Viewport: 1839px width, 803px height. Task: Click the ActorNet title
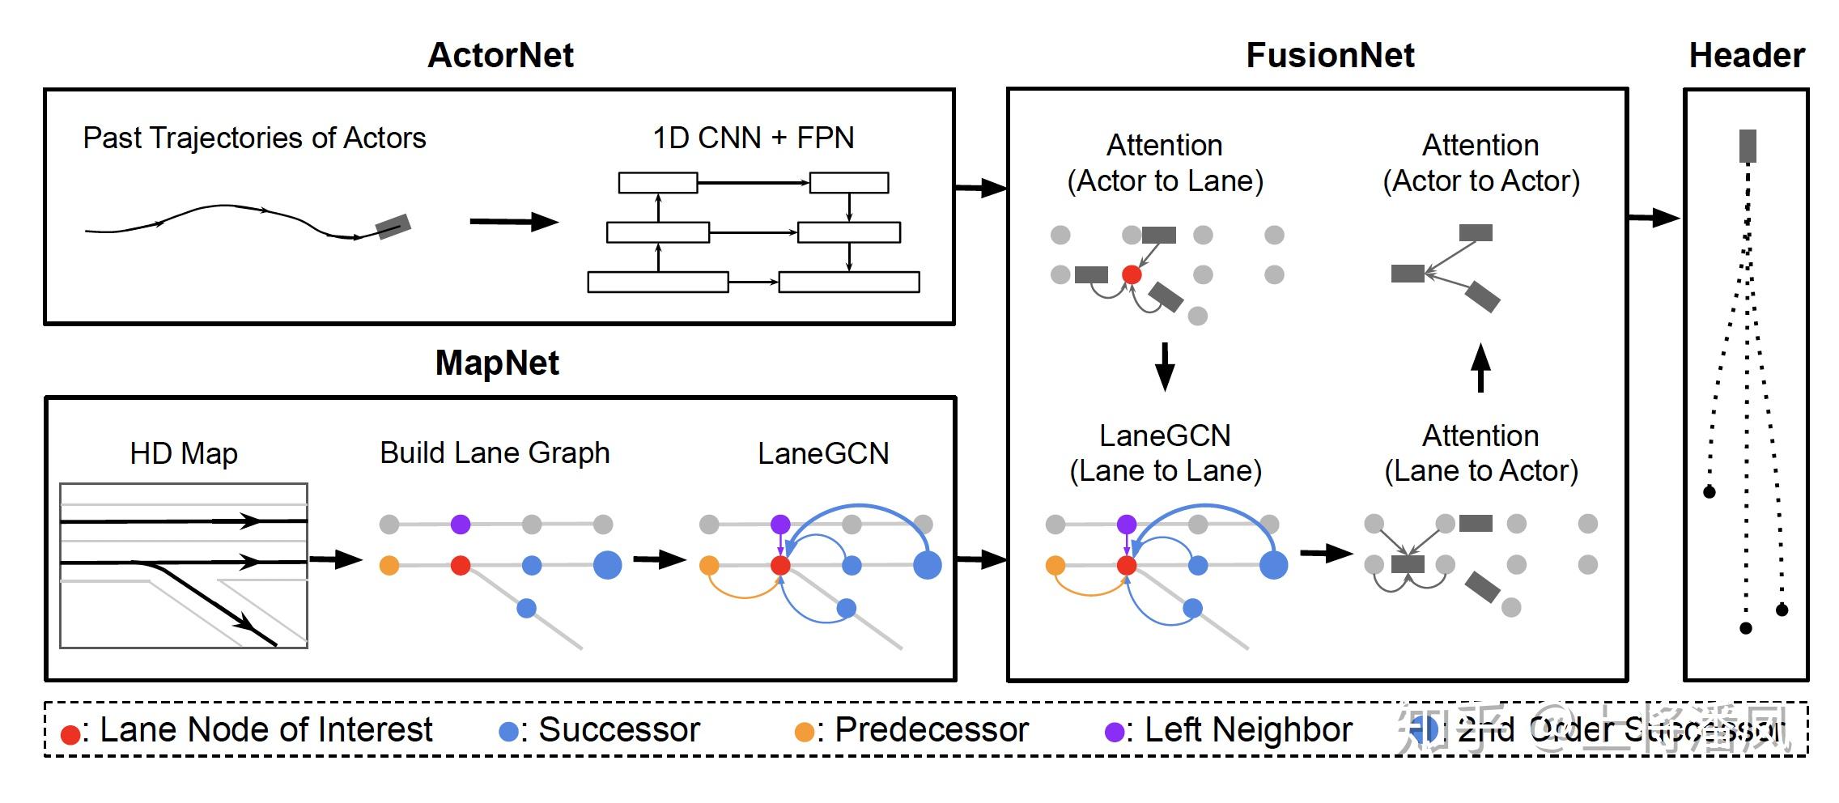coord(500,55)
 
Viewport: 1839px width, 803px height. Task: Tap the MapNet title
coord(497,363)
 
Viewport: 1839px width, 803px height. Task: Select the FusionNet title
coord(1330,55)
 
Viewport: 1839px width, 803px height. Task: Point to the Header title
coord(1747,55)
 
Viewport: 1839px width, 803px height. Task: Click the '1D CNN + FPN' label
coord(753,138)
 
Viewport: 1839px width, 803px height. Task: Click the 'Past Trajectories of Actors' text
coord(254,138)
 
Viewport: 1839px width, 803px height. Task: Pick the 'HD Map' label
coord(184,453)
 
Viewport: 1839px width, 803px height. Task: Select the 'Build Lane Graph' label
coord(495,452)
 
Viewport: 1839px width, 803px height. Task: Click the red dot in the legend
coord(70,733)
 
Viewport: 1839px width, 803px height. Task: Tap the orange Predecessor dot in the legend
coord(804,732)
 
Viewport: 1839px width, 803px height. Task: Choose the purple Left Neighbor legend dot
coord(1115,732)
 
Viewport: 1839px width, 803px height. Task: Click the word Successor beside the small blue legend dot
coord(619,730)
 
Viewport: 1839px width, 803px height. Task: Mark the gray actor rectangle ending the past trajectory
coord(393,226)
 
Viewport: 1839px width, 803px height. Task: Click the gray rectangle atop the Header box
coord(1748,146)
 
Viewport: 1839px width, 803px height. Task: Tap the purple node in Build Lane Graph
coord(461,525)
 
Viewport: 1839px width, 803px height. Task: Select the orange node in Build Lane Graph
coord(389,565)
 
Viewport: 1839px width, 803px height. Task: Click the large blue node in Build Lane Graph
coord(607,565)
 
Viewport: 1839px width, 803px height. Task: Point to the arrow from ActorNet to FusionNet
coord(981,189)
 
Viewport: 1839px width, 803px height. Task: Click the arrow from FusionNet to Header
coord(1654,217)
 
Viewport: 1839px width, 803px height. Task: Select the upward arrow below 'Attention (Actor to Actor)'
coord(1480,368)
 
